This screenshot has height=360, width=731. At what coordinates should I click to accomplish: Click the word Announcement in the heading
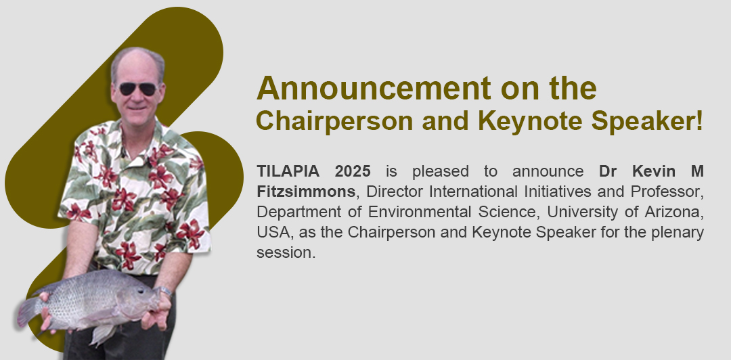click(374, 88)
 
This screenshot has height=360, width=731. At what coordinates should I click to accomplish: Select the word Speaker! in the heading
click(647, 121)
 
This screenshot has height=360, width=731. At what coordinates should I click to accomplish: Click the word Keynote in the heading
click(530, 121)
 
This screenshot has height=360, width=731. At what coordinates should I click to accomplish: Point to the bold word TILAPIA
click(288, 171)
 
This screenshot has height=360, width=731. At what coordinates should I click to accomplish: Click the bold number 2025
click(353, 171)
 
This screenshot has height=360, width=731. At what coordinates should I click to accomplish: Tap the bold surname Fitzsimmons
click(306, 192)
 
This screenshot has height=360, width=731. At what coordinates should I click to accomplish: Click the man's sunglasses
click(137, 89)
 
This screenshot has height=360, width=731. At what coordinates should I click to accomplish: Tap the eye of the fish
click(141, 290)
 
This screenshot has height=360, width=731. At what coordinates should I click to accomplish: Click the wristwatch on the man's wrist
click(164, 292)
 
